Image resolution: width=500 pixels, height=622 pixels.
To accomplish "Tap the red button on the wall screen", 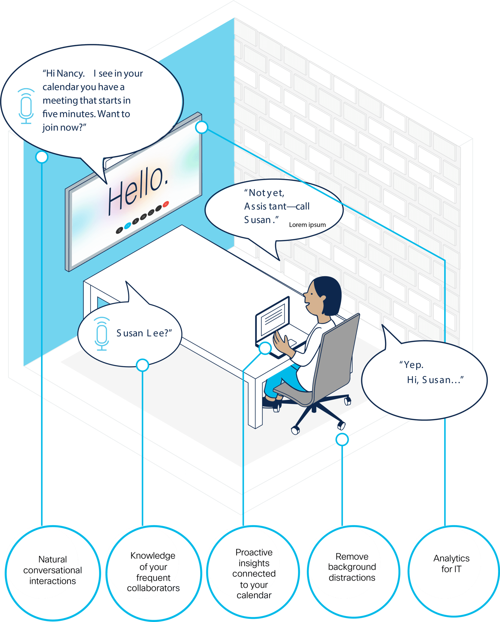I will pyautogui.click(x=166, y=204).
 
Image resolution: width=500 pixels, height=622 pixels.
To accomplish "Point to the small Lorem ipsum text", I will pyautogui.click(x=307, y=225).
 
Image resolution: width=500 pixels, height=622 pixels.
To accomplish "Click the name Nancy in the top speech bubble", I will pyautogui.click(x=71, y=73).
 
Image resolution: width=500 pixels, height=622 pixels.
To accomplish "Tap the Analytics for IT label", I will pyautogui.click(x=451, y=564).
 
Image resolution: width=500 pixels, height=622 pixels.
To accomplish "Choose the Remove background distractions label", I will pyautogui.click(x=352, y=567).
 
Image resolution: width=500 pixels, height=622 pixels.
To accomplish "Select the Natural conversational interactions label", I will pyautogui.click(x=53, y=570).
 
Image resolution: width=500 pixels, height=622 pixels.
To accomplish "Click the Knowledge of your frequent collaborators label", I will pyautogui.click(x=153, y=572).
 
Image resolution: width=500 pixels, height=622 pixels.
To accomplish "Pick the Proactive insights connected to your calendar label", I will pyautogui.click(x=254, y=573).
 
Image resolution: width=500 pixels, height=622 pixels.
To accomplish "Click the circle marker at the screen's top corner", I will pyautogui.click(x=201, y=127).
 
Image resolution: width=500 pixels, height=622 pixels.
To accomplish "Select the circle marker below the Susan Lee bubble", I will pyautogui.click(x=142, y=365).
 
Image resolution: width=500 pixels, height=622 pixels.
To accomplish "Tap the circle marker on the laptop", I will pyautogui.click(x=265, y=348).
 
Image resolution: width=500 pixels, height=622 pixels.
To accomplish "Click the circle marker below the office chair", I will pyautogui.click(x=342, y=439).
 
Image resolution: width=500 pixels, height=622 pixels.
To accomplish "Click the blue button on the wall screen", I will pyautogui.click(x=127, y=226).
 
